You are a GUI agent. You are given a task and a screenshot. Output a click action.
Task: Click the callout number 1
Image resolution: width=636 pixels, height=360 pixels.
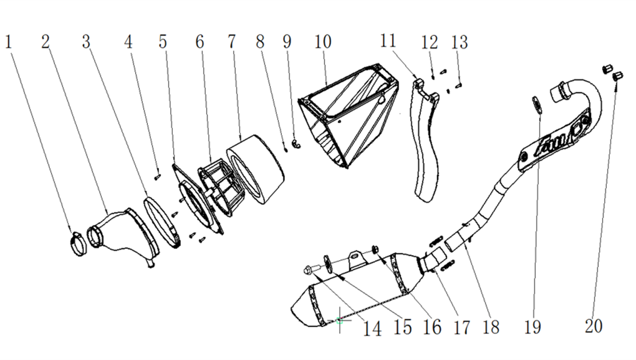click(x=8, y=42)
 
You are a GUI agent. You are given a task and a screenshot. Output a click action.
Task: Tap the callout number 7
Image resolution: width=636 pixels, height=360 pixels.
click(x=232, y=41)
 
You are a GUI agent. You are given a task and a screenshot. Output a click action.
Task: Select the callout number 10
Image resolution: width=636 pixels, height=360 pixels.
click(x=323, y=42)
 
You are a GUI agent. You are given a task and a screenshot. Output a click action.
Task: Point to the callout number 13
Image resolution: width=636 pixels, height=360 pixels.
click(x=460, y=42)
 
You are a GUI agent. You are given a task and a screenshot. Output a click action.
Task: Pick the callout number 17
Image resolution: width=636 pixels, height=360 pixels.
click(x=462, y=327)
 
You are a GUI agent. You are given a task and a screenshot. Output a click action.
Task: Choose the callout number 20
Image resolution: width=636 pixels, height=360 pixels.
click(x=594, y=326)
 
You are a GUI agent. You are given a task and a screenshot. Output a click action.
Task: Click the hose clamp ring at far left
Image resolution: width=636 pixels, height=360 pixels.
click(x=78, y=244)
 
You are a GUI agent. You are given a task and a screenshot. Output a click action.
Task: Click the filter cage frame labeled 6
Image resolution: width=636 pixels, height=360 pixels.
click(x=222, y=188)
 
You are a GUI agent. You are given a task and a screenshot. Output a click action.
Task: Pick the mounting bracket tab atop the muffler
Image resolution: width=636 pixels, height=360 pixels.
click(x=357, y=259)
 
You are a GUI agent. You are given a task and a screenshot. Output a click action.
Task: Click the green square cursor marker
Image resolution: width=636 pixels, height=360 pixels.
click(x=339, y=321)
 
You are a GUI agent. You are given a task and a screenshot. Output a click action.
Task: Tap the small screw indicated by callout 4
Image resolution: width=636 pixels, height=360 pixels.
click(x=157, y=177)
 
